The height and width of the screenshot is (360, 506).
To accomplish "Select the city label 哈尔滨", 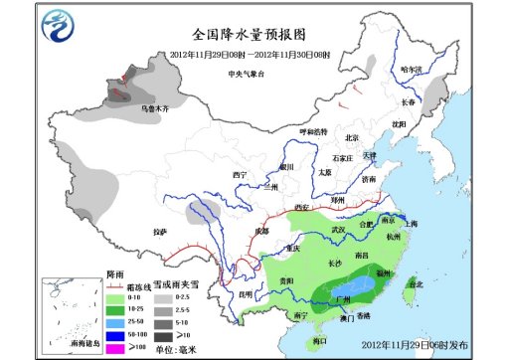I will (411, 70).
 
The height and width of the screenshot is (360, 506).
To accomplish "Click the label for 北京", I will (350, 138).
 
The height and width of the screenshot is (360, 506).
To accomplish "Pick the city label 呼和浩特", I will (313, 132).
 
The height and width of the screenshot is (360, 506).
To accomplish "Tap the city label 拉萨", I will (160, 232).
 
